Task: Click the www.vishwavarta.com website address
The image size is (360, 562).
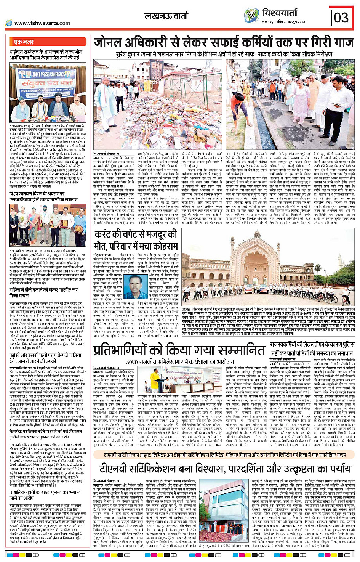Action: pyautogui.click(x=42, y=23)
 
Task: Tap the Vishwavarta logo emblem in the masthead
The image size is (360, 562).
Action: pyautogui.click(x=251, y=15)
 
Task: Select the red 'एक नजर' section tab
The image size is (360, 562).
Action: pyautogui.click(x=24, y=42)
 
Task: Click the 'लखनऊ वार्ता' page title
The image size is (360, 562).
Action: pyautogui.click(x=166, y=16)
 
